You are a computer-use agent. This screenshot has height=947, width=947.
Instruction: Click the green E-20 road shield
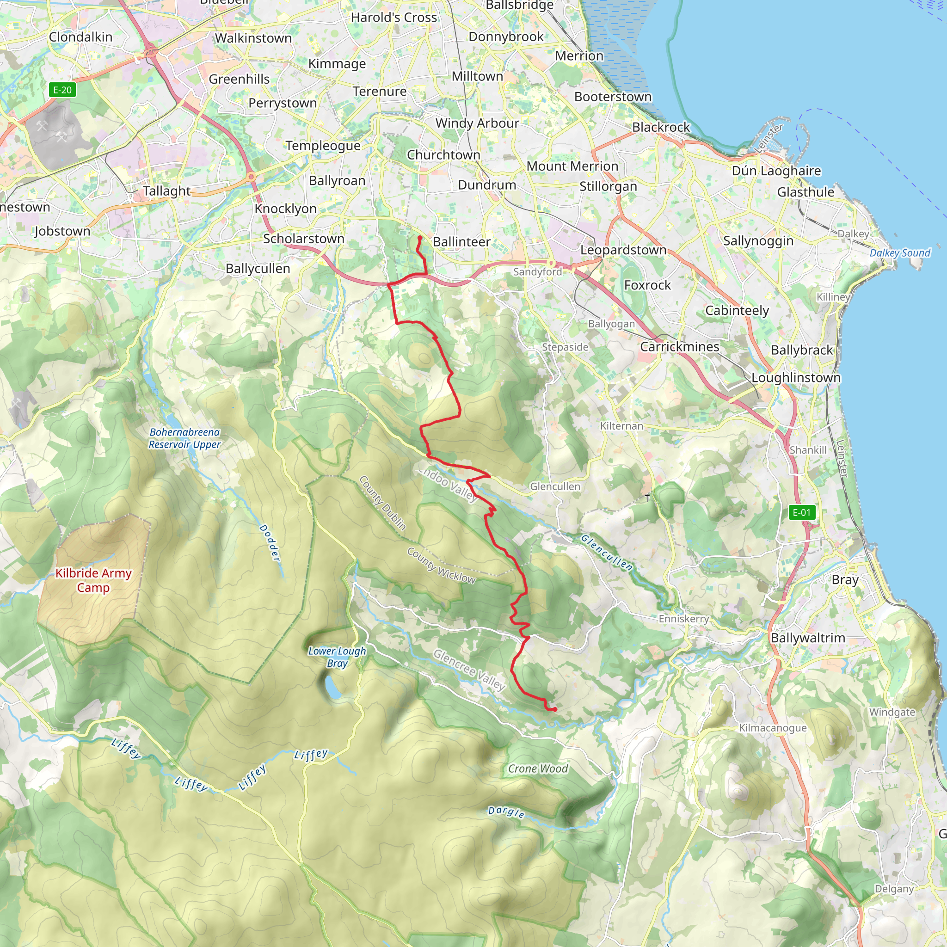click(62, 90)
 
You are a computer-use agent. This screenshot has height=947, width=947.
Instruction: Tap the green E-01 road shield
click(802, 513)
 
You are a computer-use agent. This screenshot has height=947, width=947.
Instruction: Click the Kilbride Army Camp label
click(93, 580)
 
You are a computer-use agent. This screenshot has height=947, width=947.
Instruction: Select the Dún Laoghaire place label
click(776, 171)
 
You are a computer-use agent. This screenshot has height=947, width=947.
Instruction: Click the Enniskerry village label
click(683, 619)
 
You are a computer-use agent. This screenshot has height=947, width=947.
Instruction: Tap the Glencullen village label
click(555, 486)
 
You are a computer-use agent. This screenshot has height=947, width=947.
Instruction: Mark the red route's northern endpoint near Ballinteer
click(419, 238)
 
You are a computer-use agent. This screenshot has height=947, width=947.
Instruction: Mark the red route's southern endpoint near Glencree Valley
click(554, 709)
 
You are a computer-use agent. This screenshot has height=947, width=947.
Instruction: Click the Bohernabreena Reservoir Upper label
click(185, 438)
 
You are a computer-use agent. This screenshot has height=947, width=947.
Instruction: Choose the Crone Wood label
click(538, 769)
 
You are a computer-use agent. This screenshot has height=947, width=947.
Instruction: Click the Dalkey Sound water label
click(899, 253)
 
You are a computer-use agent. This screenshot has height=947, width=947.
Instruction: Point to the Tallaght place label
click(166, 191)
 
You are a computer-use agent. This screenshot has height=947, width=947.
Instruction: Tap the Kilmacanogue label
click(773, 728)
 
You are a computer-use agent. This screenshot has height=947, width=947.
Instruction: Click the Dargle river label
click(506, 812)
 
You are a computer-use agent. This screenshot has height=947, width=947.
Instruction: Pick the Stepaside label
click(565, 347)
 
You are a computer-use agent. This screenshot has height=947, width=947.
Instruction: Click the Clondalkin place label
click(80, 37)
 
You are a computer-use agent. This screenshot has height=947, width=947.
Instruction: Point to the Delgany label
click(894, 889)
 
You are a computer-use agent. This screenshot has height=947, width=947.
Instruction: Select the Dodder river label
click(270, 542)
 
